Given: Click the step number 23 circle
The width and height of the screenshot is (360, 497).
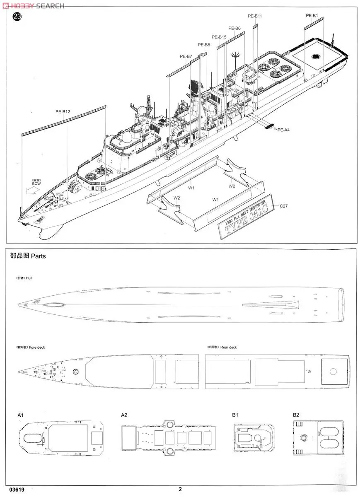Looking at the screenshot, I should coord(17,17).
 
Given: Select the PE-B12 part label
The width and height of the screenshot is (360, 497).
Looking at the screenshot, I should coord(63,111).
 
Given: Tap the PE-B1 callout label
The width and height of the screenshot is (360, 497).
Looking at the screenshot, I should coord(312,16).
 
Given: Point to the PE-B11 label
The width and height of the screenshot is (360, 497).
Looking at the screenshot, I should coord(255,16).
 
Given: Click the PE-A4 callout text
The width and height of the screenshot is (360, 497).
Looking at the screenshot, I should coord(283,130).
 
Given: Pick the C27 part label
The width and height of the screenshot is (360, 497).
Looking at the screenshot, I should coord(284,205).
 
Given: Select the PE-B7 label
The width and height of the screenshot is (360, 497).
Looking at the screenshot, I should coord(186,56).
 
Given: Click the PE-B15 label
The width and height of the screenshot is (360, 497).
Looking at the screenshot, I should coord(219,37).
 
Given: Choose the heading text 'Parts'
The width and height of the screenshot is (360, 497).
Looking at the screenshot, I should coord(38,256).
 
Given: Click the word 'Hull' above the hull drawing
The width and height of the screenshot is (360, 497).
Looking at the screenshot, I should coord(29,278).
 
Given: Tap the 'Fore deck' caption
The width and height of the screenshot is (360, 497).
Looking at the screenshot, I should coord(38,347).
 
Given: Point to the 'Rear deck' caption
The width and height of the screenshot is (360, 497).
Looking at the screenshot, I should coord(228,347).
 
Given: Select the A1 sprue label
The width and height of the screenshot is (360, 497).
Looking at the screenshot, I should coord(21,415).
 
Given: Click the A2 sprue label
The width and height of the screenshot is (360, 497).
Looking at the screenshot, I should coord(124,415).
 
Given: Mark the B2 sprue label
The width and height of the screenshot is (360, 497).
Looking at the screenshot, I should coord(296,415).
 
